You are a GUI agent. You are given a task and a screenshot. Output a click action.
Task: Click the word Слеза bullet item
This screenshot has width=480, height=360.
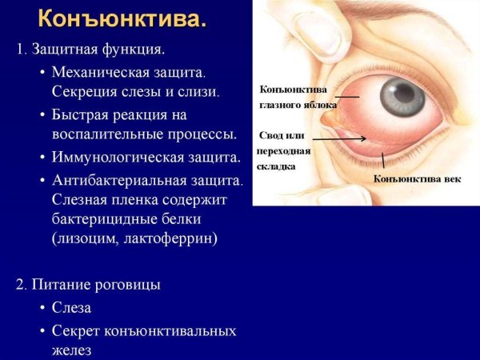click(71, 307)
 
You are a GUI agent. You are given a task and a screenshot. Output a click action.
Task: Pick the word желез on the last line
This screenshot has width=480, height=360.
click(70, 350)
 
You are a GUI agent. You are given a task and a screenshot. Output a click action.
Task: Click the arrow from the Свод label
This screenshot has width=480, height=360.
click(349, 140)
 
